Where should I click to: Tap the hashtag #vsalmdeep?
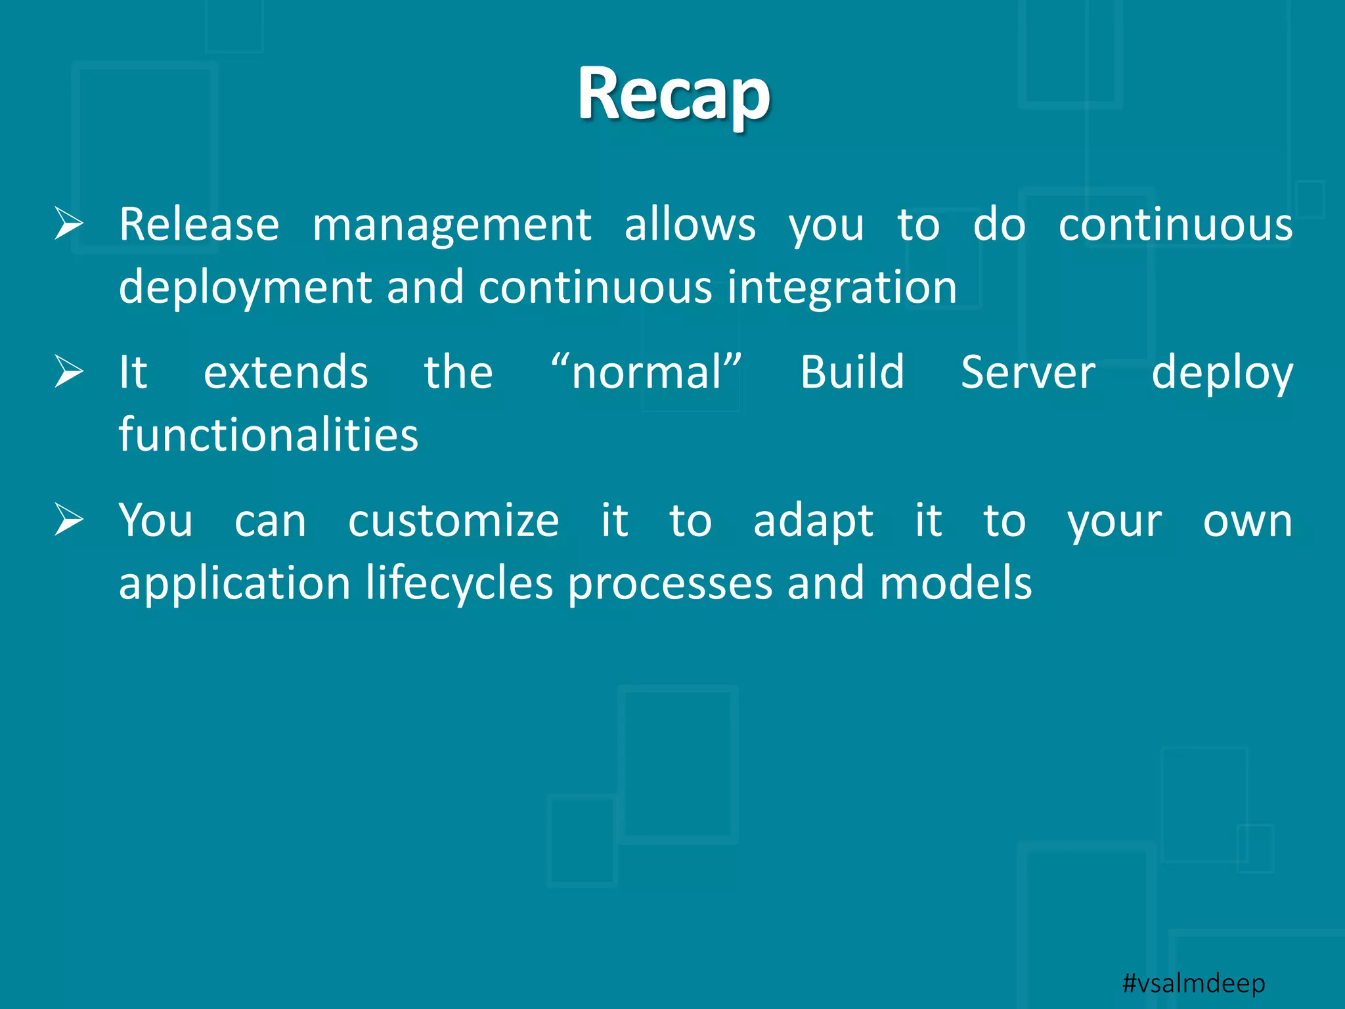[x=1193, y=983]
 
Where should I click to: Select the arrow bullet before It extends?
[x=69, y=372]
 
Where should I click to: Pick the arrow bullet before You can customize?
[x=69, y=520]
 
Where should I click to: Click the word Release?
[x=199, y=225]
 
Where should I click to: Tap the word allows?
[x=690, y=225]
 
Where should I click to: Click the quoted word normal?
[x=647, y=372]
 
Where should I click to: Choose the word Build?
[x=852, y=372]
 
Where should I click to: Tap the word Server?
[x=1028, y=372]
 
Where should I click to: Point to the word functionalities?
[x=268, y=435]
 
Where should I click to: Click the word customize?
[x=453, y=521]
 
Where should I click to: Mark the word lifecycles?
[x=459, y=583]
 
